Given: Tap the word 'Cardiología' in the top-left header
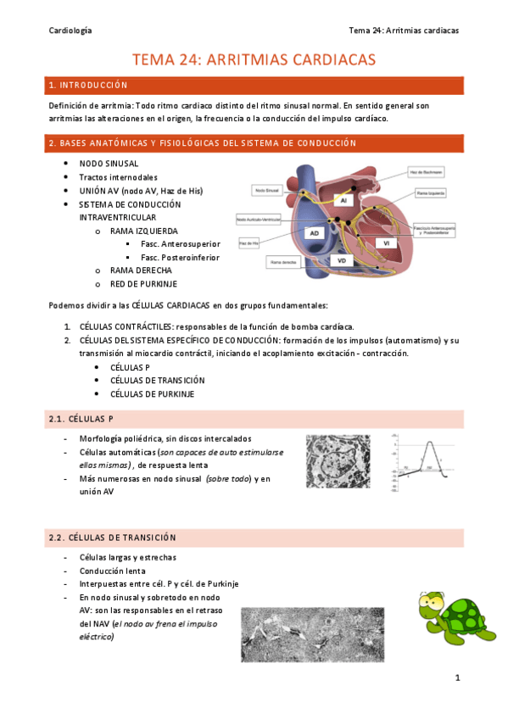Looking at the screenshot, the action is (70, 30).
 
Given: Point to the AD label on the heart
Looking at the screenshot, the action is (315, 232).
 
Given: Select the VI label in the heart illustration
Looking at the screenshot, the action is (385, 242).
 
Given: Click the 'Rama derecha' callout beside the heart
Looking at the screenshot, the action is (286, 263).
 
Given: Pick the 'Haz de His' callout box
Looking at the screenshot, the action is (249, 243).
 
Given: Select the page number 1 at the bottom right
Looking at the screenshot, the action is (457, 677).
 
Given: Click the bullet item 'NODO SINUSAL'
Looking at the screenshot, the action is (109, 163).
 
